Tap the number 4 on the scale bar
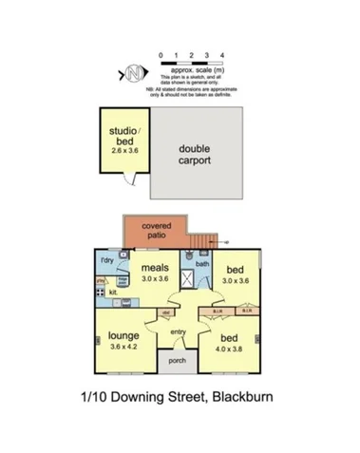point(221,56)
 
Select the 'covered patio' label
point(157,230)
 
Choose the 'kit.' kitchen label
point(113,293)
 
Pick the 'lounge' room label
point(124,335)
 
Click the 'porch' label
point(178,360)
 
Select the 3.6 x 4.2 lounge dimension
point(124,348)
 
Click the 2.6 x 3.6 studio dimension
point(123,150)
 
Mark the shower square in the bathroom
point(190,280)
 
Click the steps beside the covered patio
point(207,240)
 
